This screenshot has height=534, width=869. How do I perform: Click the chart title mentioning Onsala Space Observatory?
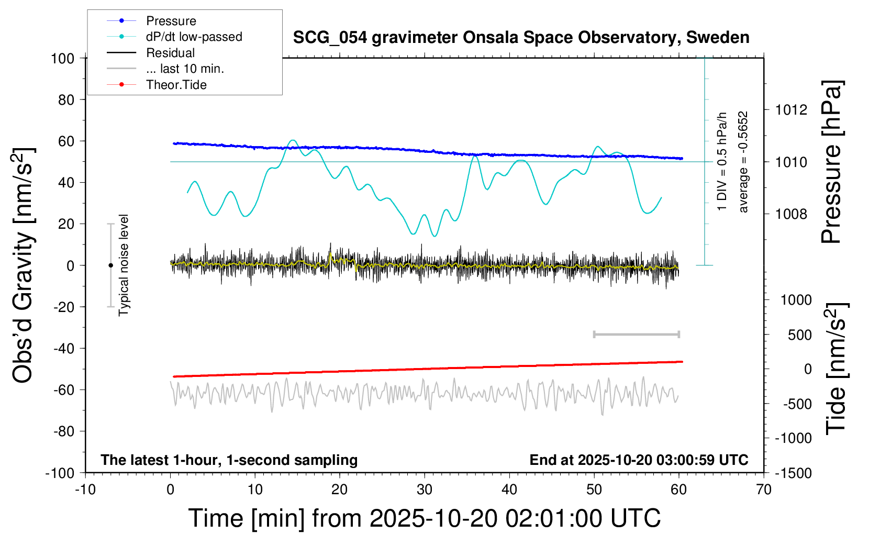click(521, 38)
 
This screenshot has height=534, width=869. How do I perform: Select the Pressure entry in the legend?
click(171, 21)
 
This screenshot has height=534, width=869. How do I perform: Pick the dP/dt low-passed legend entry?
click(194, 37)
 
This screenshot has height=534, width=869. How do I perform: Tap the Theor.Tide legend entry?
click(176, 85)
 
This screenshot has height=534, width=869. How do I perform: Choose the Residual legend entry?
click(170, 53)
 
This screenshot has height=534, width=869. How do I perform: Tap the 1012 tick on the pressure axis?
click(791, 110)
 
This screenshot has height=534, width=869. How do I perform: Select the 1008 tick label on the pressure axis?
click(791, 214)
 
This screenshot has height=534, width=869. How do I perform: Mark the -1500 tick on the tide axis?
click(794, 473)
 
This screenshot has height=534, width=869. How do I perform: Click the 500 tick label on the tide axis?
click(800, 335)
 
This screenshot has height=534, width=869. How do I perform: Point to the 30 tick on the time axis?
click(425, 490)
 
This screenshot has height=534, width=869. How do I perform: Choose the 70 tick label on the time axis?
click(764, 490)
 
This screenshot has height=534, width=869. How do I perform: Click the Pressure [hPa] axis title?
click(831, 162)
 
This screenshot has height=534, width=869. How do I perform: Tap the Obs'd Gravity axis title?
click(23, 265)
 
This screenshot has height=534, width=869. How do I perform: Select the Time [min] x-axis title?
click(424, 518)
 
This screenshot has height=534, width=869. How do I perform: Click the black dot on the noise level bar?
click(110, 265)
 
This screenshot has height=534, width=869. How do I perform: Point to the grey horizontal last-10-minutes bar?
click(636, 335)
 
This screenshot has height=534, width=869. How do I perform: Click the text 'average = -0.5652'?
click(743, 162)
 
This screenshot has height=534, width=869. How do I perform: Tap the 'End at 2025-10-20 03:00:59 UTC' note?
click(639, 460)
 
